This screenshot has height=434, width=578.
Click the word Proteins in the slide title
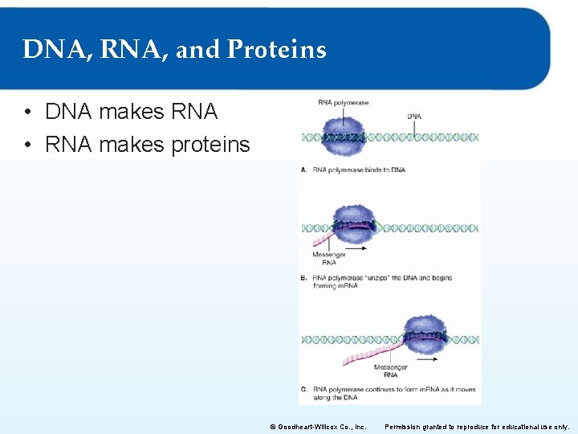277,50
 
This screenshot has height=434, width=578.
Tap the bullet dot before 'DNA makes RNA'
29,113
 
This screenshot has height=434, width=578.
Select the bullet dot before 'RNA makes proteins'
29,145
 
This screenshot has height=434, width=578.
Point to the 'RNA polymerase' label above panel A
343,103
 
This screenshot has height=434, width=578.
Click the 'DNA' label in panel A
414,117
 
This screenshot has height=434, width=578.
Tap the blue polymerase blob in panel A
344,137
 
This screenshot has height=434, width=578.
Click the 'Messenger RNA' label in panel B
329,259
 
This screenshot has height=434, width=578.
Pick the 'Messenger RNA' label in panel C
390,371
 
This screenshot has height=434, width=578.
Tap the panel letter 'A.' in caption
303,170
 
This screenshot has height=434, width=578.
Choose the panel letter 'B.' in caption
303,278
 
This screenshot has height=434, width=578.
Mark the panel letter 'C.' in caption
303,390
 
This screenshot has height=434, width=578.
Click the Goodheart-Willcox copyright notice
318,427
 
